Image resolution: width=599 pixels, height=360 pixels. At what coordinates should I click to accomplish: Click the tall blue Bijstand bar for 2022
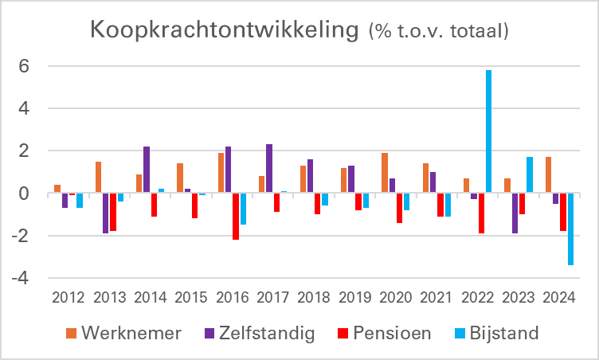point(488,131)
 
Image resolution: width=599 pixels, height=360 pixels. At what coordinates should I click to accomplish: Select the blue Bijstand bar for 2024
point(570,229)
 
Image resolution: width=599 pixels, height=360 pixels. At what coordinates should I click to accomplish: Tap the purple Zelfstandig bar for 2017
point(269,169)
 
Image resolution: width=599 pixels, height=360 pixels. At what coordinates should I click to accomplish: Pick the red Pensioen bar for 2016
point(236,216)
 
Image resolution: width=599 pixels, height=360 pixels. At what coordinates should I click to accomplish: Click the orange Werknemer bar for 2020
point(385,173)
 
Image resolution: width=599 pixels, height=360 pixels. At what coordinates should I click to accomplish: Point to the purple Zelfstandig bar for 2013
point(105,213)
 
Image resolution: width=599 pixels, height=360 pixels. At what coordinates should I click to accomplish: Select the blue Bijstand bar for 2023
point(530,175)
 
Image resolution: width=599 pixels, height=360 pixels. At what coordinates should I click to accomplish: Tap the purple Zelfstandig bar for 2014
point(147,170)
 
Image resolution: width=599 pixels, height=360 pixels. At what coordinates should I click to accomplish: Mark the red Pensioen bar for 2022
point(481,213)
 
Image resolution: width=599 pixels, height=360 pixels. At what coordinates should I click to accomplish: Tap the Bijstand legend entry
point(503,333)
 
